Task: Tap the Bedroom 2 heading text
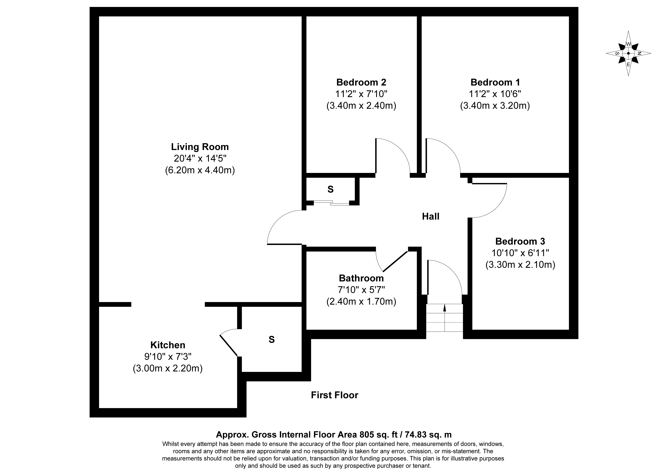(x=361, y=82)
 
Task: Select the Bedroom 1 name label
(x=495, y=82)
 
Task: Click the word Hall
(x=431, y=216)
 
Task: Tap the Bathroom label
(x=361, y=278)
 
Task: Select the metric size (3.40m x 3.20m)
(x=495, y=106)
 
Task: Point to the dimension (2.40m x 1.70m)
(x=361, y=301)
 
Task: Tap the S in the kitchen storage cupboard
(x=271, y=339)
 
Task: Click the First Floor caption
(x=335, y=395)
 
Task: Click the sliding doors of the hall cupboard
(x=331, y=203)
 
